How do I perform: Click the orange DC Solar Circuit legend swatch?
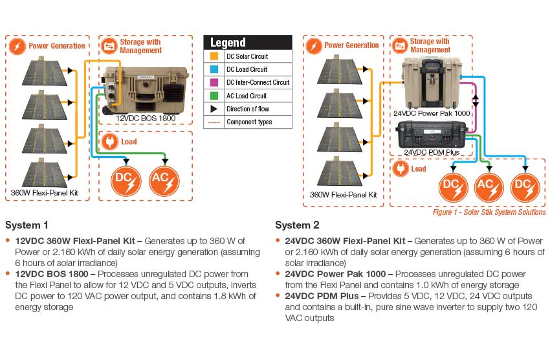pyautogui.click(x=214, y=57)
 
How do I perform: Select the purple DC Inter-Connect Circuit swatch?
pyautogui.click(x=214, y=83)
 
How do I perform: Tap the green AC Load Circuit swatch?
pyautogui.click(x=214, y=96)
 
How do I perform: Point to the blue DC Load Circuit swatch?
pyautogui.click(x=214, y=70)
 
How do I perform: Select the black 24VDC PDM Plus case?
pyautogui.click(x=430, y=135)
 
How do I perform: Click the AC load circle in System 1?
pyautogui.click(x=164, y=181)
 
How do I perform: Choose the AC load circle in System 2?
pyautogui.click(x=489, y=187)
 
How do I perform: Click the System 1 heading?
pyautogui.click(x=27, y=225)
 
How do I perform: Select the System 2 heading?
pyautogui.click(x=297, y=225)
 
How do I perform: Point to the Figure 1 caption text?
pyautogui.click(x=489, y=212)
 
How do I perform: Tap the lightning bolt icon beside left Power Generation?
pyautogui.click(x=17, y=46)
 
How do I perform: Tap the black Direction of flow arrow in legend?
pyautogui.click(x=214, y=109)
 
